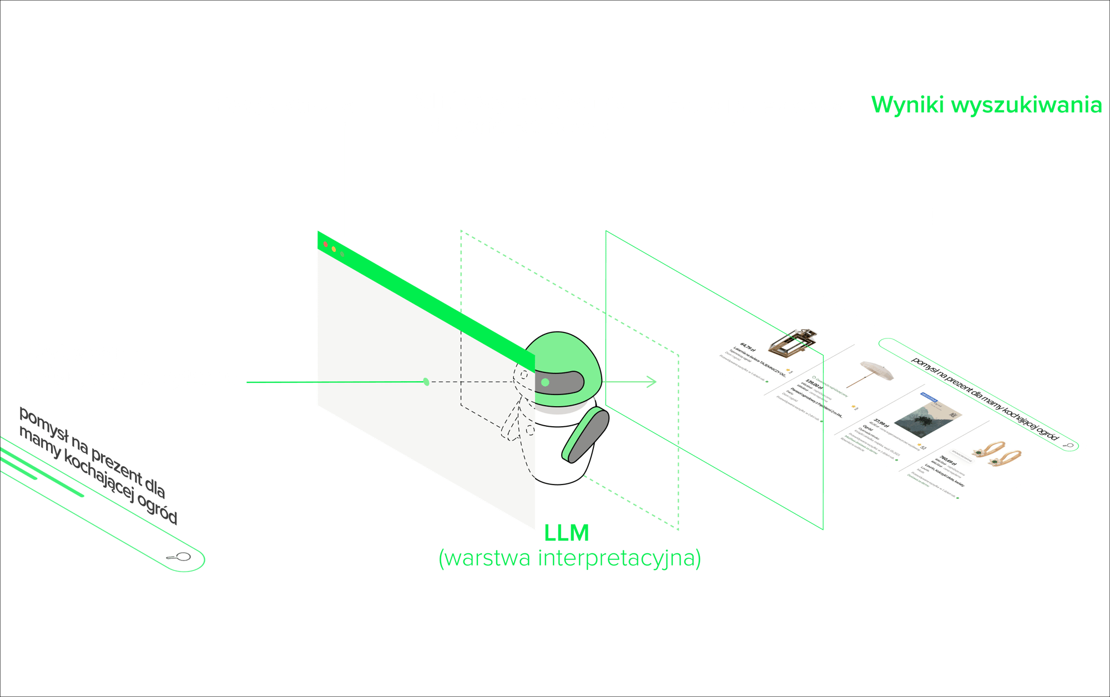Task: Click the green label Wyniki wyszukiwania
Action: point(986,105)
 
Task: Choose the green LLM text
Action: point(566,533)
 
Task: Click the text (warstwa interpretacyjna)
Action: point(569,558)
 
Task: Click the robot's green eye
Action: point(545,382)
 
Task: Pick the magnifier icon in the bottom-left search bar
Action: point(181,557)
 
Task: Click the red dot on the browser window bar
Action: point(325,244)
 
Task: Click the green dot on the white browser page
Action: point(426,382)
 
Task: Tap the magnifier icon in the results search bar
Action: point(1067,445)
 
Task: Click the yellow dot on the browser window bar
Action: point(334,249)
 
